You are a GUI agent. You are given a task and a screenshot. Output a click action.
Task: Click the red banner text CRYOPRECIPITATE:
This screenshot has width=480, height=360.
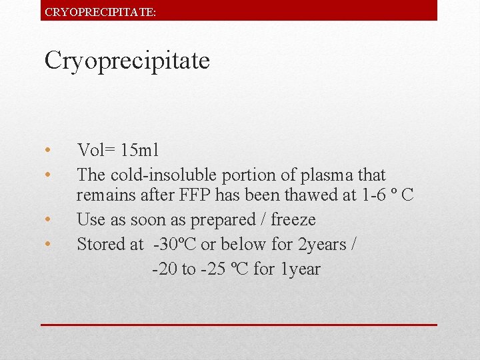tap(100, 11)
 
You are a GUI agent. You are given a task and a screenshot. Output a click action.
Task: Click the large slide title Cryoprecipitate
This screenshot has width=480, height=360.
tap(127, 61)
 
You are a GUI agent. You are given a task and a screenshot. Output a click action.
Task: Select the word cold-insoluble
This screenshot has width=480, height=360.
tap(157, 175)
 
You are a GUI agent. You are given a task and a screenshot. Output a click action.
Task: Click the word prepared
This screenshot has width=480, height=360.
tap(224, 220)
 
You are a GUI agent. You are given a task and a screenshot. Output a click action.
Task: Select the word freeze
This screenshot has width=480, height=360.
tap(293, 220)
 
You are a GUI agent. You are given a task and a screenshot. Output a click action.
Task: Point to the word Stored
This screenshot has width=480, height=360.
tap(101, 245)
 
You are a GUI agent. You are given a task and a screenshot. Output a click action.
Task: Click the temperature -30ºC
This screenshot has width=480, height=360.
tap(174, 245)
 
